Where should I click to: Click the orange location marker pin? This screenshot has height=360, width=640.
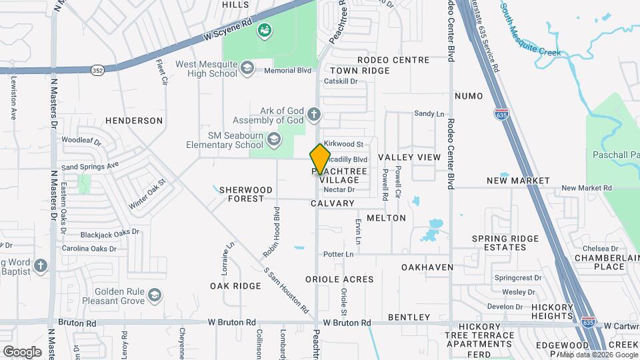pyautogui.click(x=320, y=159)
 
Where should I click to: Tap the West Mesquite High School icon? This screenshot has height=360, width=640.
pyautogui.click(x=247, y=68)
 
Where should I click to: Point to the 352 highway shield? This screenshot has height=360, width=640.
pyautogui.click(x=97, y=69)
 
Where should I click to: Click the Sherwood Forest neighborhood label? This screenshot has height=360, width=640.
pyautogui.click(x=246, y=194)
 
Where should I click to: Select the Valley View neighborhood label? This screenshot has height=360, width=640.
pyautogui.click(x=409, y=157)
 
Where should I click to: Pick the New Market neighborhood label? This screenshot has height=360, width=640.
pyautogui.click(x=518, y=181)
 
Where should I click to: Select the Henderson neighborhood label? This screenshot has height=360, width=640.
pyautogui.click(x=134, y=121)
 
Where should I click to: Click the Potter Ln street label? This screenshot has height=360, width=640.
pyautogui.click(x=338, y=254)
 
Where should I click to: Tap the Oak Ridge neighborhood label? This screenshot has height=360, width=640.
pyautogui.click(x=235, y=286)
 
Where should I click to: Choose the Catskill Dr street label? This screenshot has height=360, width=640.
pyautogui.click(x=341, y=82)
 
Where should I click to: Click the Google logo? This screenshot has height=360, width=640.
pyautogui.click(x=22, y=352)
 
